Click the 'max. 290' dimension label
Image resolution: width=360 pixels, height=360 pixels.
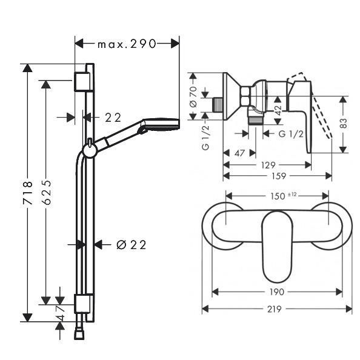[x=127, y=44]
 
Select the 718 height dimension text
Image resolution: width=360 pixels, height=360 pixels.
[x=28, y=193]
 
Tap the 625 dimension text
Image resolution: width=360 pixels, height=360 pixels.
[x=47, y=192]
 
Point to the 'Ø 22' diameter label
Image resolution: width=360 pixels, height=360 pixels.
[x=131, y=245]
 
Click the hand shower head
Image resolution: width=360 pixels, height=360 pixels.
[x=161, y=124]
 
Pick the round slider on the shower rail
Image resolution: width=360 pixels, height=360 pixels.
[x=89, y=152]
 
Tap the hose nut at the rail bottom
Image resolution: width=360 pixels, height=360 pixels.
[x=79, y=335]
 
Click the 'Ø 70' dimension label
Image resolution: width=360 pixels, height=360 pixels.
[x=193, y=97]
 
